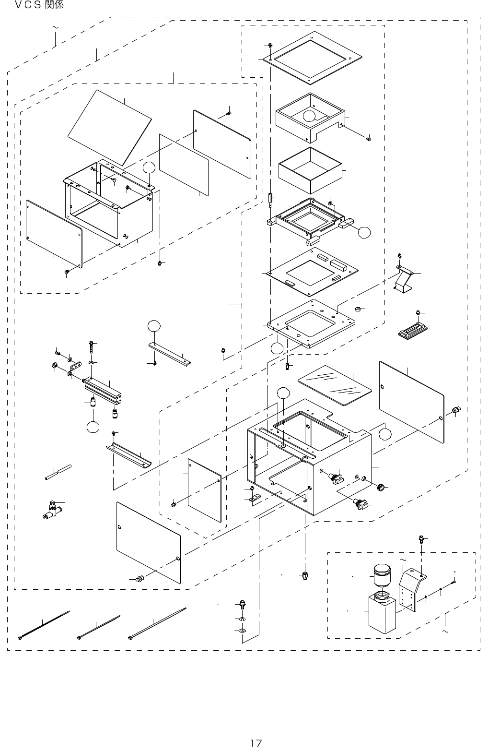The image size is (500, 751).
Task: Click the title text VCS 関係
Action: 39,6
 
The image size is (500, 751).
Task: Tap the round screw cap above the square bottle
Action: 382,574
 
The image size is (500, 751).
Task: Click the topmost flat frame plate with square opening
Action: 312,57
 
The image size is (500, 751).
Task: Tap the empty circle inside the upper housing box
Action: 309,115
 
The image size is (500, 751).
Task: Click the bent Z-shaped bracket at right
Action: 405,278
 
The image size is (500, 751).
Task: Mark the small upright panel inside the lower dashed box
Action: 205,489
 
